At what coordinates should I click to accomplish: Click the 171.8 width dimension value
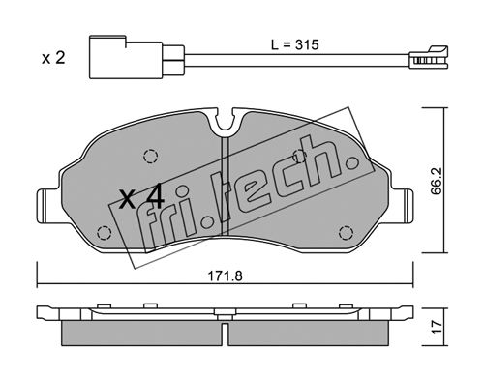225,275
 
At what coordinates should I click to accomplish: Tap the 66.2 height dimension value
437,181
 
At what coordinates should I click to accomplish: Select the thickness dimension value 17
437,327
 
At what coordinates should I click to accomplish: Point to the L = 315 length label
294,44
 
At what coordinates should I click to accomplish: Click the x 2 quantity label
53,58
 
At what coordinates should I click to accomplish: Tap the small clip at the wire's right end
429,57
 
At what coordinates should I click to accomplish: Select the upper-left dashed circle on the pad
150,157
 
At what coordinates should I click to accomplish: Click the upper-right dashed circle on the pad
300,157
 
